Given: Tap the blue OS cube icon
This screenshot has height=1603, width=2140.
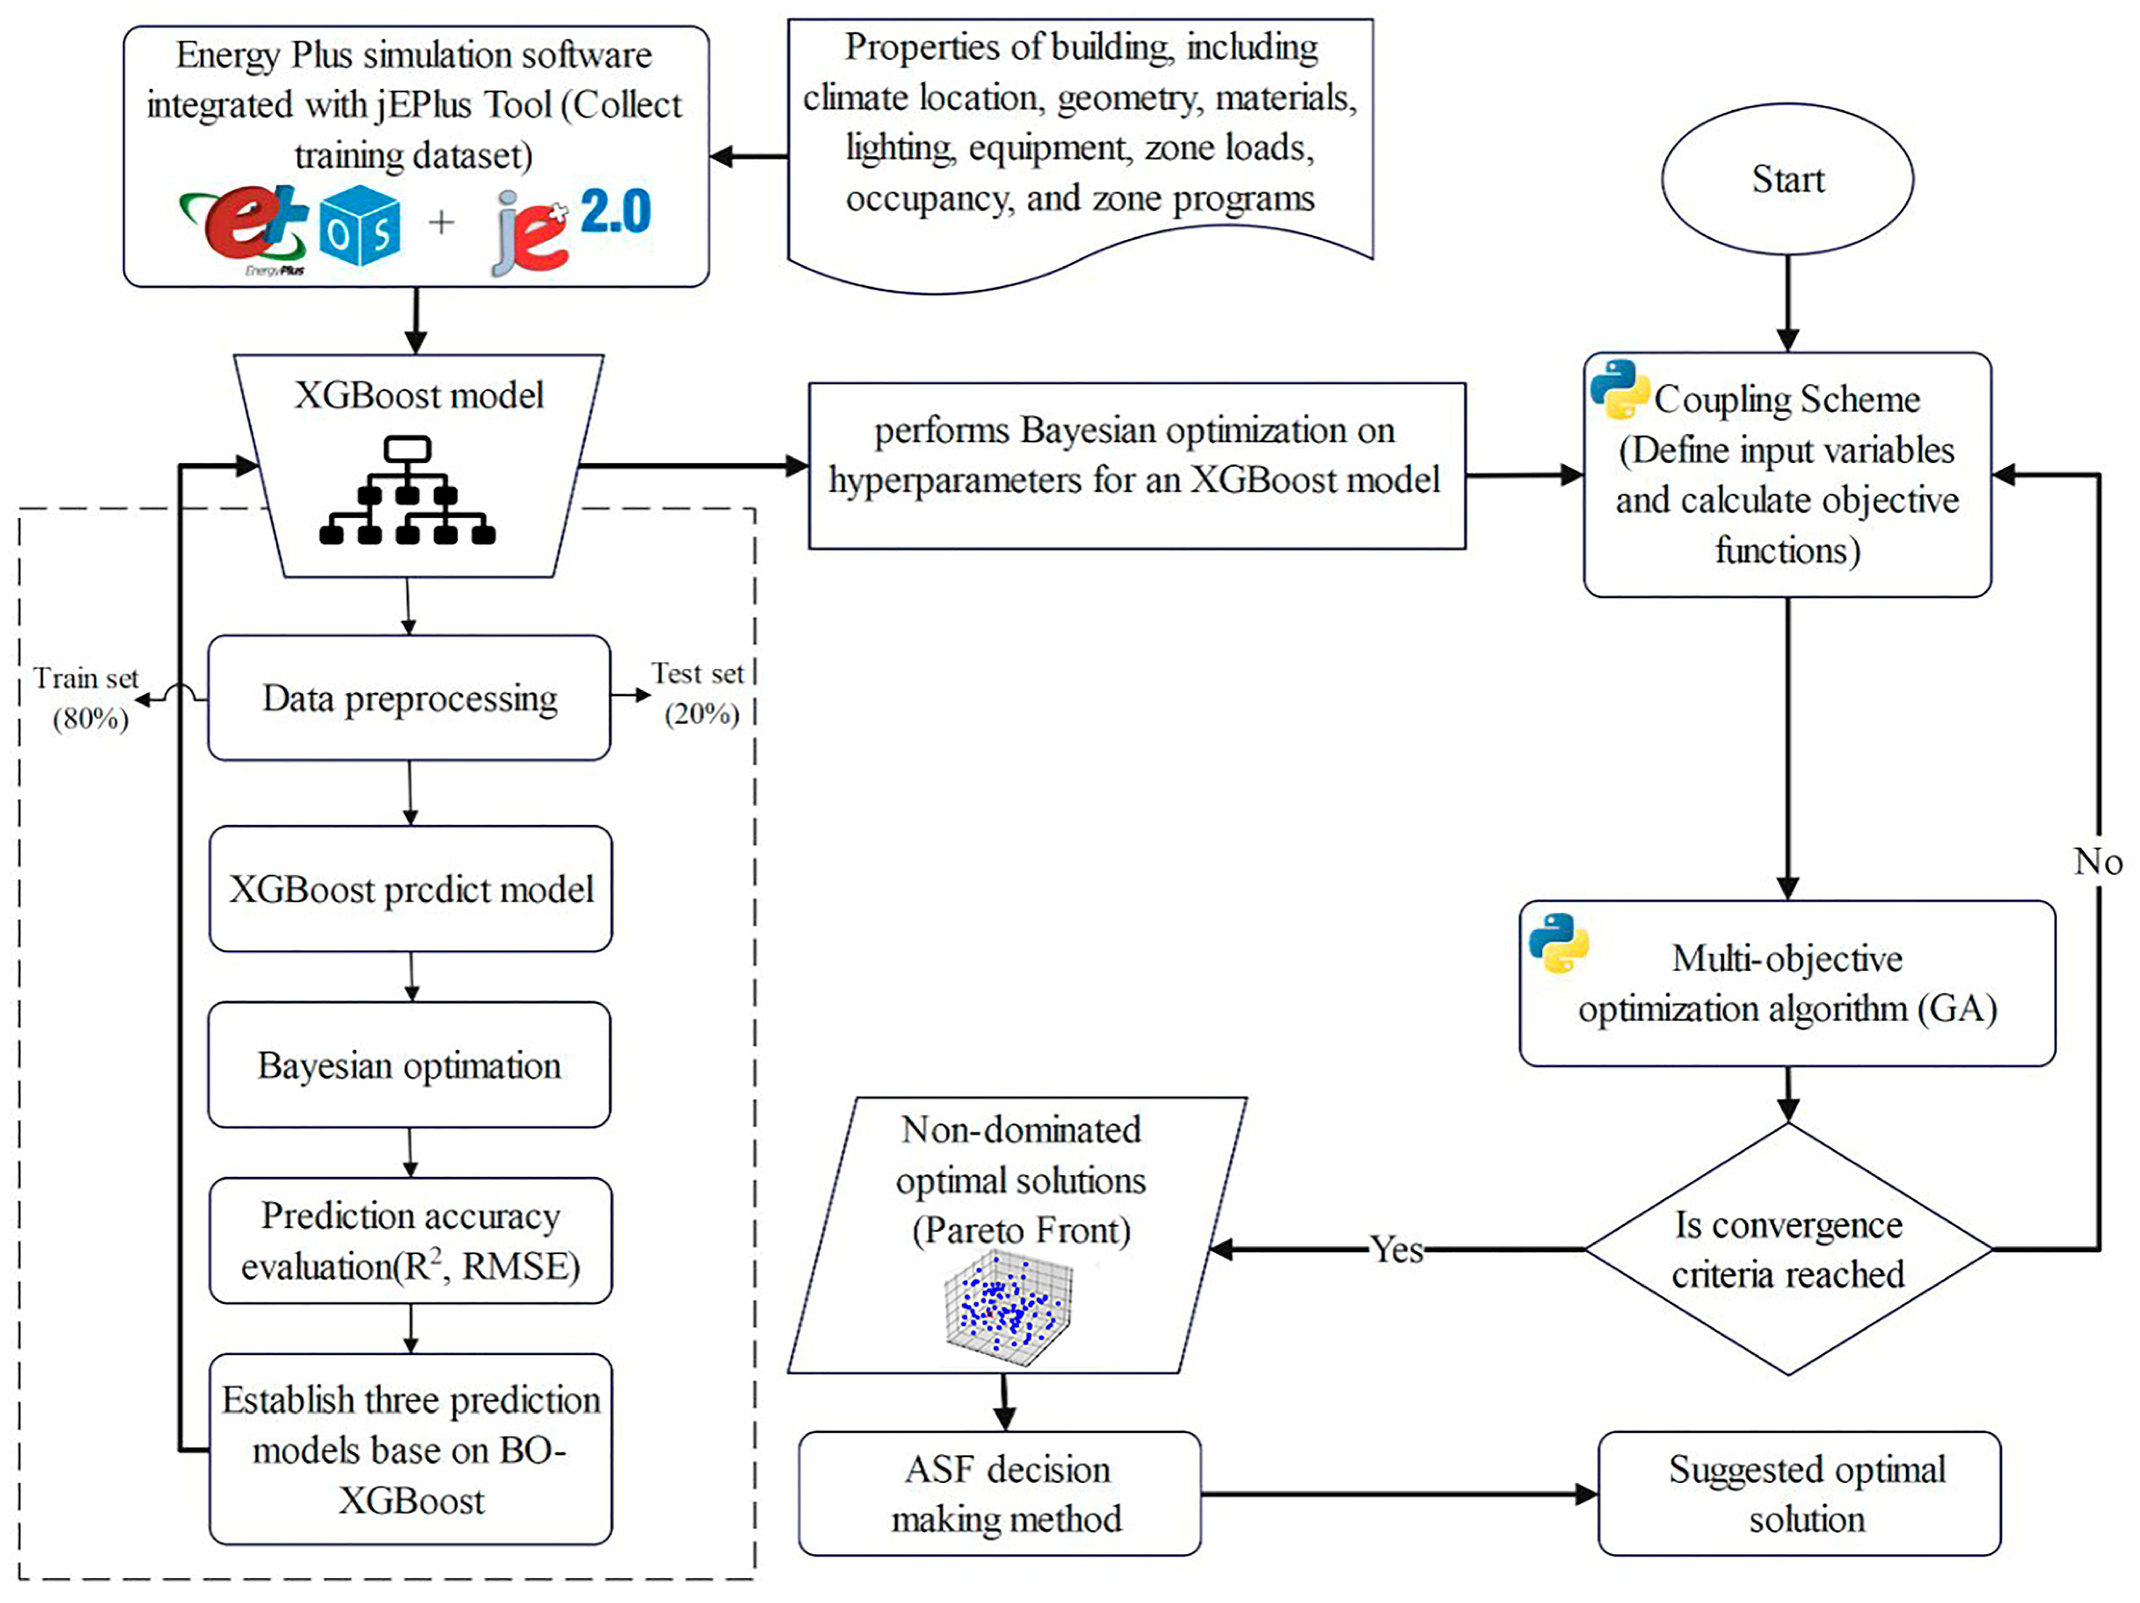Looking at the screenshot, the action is click(x=360, y=225).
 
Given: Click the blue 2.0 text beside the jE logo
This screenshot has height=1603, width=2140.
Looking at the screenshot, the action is click(x=616, y=212).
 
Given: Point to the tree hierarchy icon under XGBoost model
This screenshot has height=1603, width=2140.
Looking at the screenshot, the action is click(x=407, y=491).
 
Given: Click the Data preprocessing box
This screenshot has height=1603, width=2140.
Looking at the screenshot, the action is click(x=410, y=698).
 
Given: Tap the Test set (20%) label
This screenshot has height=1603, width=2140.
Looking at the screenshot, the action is click(x=698, y=693).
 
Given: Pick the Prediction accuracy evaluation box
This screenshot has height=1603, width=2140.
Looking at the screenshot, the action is click(x=410, y=1241).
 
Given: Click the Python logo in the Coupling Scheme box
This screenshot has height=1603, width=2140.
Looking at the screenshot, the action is click(x=1619, y=389).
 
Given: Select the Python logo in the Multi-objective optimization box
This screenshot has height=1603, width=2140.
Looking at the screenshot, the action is click(x=1559, y=942).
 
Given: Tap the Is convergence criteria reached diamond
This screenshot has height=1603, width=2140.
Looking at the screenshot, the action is click(x=1788, y=1249).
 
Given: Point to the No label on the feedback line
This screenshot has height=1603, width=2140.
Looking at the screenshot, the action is click(x=2097, y=861).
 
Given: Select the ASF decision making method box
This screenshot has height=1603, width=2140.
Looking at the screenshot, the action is click(x=999, y=1494).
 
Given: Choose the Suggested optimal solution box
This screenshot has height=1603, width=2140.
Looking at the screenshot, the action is click(x=1800, y=1494).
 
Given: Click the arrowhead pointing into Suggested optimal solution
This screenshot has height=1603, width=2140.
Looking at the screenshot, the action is click(x=1586, y=1494).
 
